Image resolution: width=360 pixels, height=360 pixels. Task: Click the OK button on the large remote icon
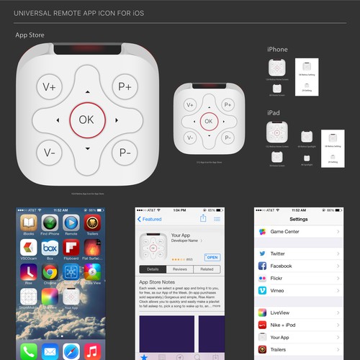86,120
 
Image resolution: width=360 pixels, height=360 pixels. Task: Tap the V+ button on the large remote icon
50,87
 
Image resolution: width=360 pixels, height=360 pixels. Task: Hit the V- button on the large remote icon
50,153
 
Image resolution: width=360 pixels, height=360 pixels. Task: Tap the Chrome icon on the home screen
50,271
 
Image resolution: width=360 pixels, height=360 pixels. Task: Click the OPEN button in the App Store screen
212,257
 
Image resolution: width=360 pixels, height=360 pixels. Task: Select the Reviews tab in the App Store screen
180,269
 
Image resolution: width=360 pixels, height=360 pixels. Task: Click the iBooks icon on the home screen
30,223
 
